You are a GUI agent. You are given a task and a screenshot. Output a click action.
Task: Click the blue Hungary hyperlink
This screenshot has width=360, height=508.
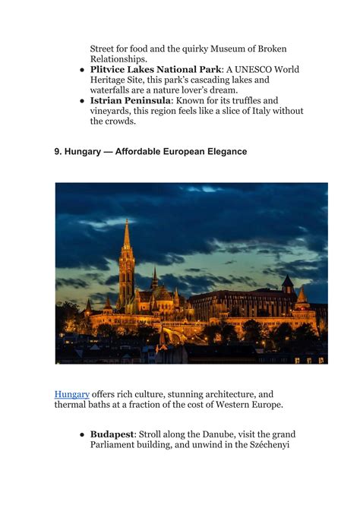71,394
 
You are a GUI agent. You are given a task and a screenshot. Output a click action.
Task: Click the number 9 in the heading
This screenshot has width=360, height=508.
58,152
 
